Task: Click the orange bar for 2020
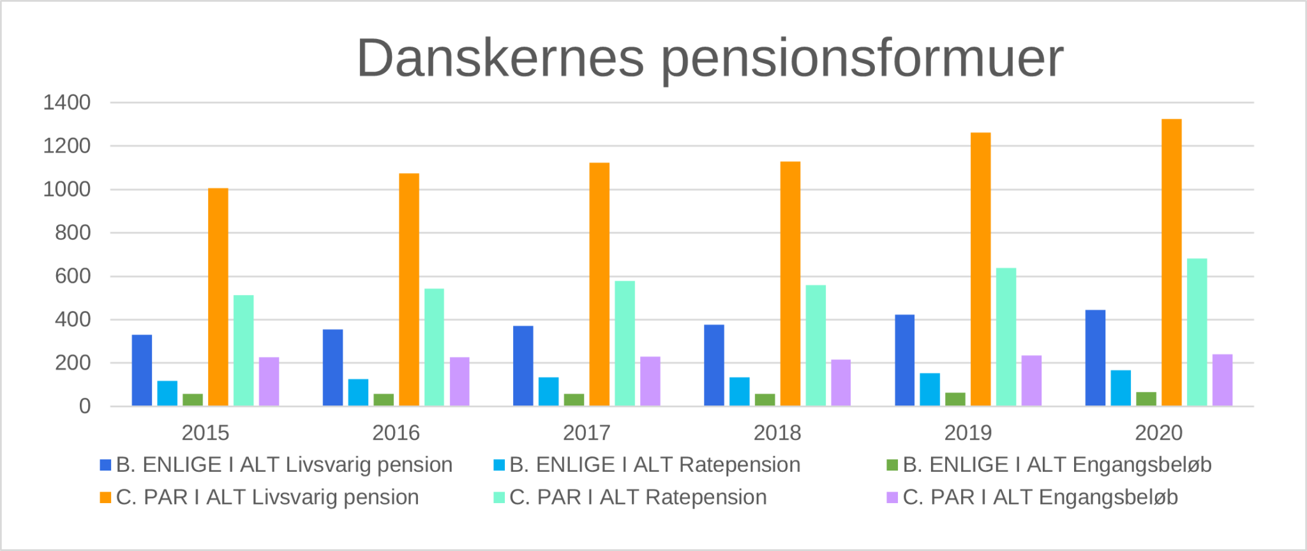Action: click(1171, 262)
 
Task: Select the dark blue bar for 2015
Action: click(142, 370)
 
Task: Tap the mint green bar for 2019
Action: click(1006, 337)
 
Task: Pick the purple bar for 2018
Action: click(840, 383)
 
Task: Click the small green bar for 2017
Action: click(574, 400)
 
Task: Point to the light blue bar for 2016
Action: click(358, 393)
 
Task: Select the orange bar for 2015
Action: click(218, 297)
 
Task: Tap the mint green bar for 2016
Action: click(434, 347)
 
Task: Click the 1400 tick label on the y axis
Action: click(66, 102)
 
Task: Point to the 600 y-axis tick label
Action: click(73, 276)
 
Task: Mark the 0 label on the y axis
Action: click(84, 406)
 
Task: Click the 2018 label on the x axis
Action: click(777, 433)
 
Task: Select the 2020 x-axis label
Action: click(1158, 433)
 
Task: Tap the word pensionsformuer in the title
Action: click(862, 59)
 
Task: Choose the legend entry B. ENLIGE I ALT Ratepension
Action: click(655, 465)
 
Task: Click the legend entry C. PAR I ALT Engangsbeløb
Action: click(1040, 497)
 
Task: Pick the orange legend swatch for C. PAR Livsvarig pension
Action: click(105, 497)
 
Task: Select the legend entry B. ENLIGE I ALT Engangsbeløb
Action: click(1057, 465)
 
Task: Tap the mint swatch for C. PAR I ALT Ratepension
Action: click(499, 497)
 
